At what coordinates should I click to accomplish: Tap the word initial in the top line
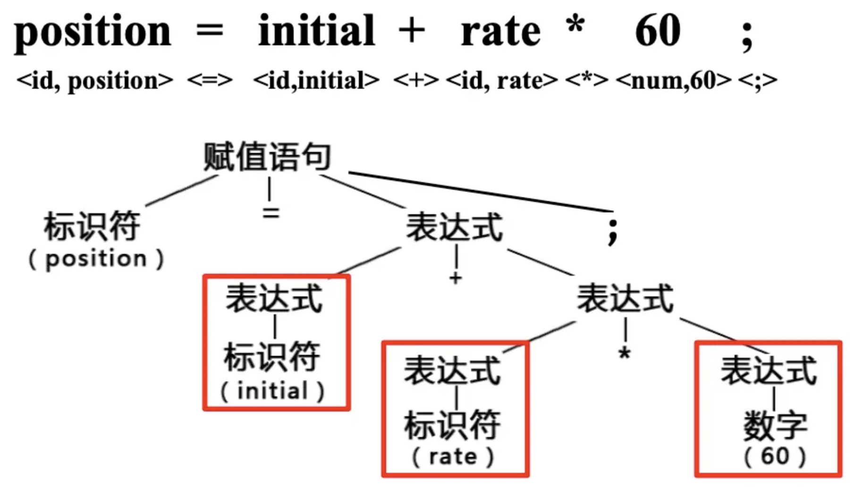316,30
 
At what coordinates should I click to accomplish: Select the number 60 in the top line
658,30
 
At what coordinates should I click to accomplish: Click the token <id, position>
94,80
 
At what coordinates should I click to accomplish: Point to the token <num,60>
674,80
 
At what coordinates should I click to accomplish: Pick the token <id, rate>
502,80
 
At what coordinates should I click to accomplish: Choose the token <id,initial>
316,80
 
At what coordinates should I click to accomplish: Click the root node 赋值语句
267,157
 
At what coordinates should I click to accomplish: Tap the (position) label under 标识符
96,259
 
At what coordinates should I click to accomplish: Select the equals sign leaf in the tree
271,213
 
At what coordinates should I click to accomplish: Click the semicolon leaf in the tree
612,231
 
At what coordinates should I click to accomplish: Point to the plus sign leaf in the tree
456,277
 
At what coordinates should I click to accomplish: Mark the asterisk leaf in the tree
625,353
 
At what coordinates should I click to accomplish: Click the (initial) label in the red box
273,391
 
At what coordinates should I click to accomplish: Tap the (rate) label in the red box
453,456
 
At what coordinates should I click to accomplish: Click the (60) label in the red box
775,456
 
